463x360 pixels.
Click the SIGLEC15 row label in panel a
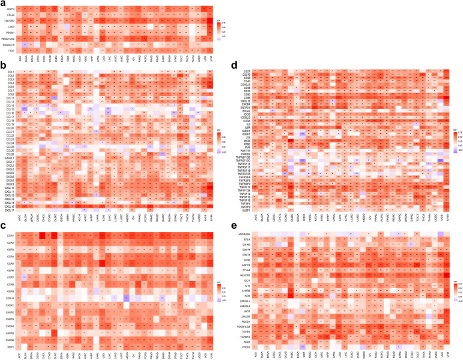point(9,44)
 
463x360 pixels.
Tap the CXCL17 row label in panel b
point(10,173)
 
